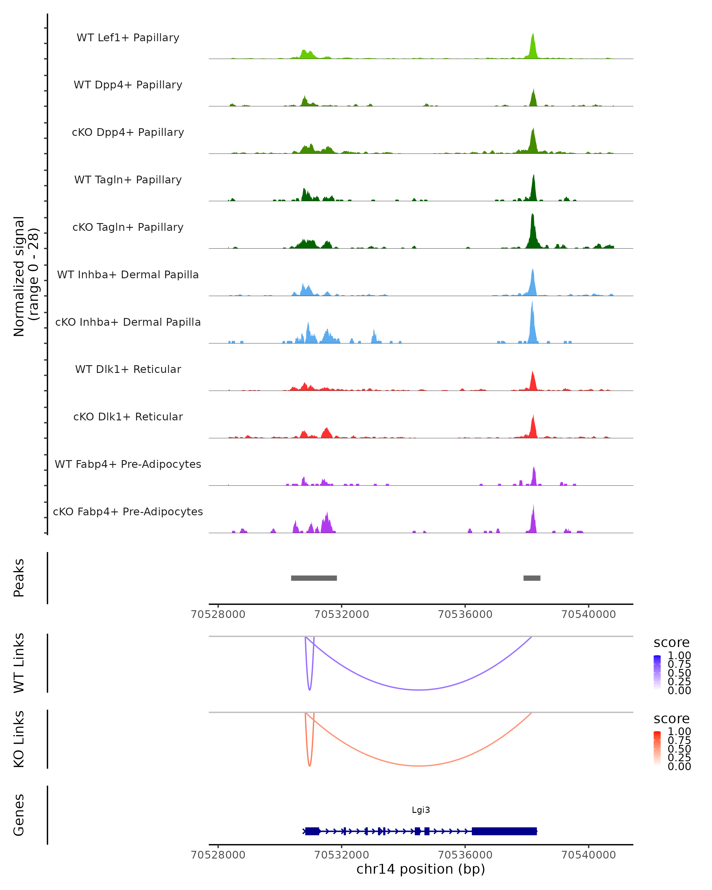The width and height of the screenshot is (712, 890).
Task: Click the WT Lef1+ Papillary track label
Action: [x=128, y=38]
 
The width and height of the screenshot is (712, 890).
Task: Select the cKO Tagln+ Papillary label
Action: [x=128, y=227]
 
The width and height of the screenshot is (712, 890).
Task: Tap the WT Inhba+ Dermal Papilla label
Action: [x=128, y=274]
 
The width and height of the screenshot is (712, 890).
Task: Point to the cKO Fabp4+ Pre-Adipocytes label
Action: [x=128, y=511]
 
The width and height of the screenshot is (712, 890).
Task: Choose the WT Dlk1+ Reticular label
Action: [x=128, y=369]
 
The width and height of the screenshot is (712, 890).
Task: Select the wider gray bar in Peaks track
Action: [x=314, y=578]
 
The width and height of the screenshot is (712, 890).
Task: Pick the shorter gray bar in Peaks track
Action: [x=532, y=578]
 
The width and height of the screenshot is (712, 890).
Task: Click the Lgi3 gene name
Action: [x=421, y=810]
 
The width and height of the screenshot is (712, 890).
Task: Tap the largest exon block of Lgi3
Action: [x=504, y=831]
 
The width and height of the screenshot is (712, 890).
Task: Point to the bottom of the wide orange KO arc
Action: [x=419, y=766]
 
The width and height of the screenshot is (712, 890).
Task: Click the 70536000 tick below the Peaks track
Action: [x=465, y=614]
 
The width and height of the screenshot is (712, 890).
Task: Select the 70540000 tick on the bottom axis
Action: [x=589, y=855]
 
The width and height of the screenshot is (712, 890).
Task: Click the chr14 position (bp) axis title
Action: [x=421, y=869]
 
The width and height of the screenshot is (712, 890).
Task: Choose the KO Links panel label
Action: [x=19, y=739]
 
